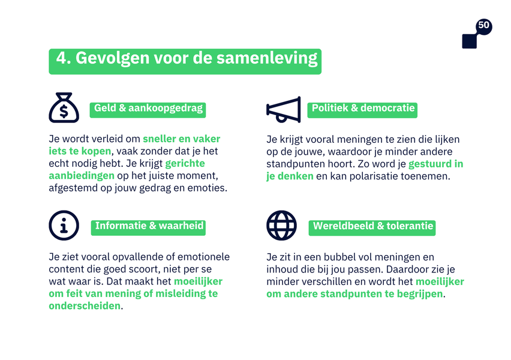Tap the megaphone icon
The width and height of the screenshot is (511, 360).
point(283,109)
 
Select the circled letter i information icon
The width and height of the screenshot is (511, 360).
point(64,226)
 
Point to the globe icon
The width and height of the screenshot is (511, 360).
point(281,226)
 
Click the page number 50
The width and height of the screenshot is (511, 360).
point(483,25)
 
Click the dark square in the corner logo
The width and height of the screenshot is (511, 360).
point(469,41)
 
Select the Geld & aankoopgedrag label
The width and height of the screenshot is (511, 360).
point(148,109)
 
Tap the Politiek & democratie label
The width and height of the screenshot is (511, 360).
point(362,109)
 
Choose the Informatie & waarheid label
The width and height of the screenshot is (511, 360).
point(148,226)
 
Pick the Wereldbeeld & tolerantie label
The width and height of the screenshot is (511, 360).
point(372,226)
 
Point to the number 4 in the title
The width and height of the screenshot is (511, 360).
point(62,58)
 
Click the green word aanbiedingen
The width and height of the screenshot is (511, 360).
point(82,176)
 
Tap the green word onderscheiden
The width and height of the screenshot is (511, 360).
point(85,306)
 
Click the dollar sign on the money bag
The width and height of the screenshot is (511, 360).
point(64,111)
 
